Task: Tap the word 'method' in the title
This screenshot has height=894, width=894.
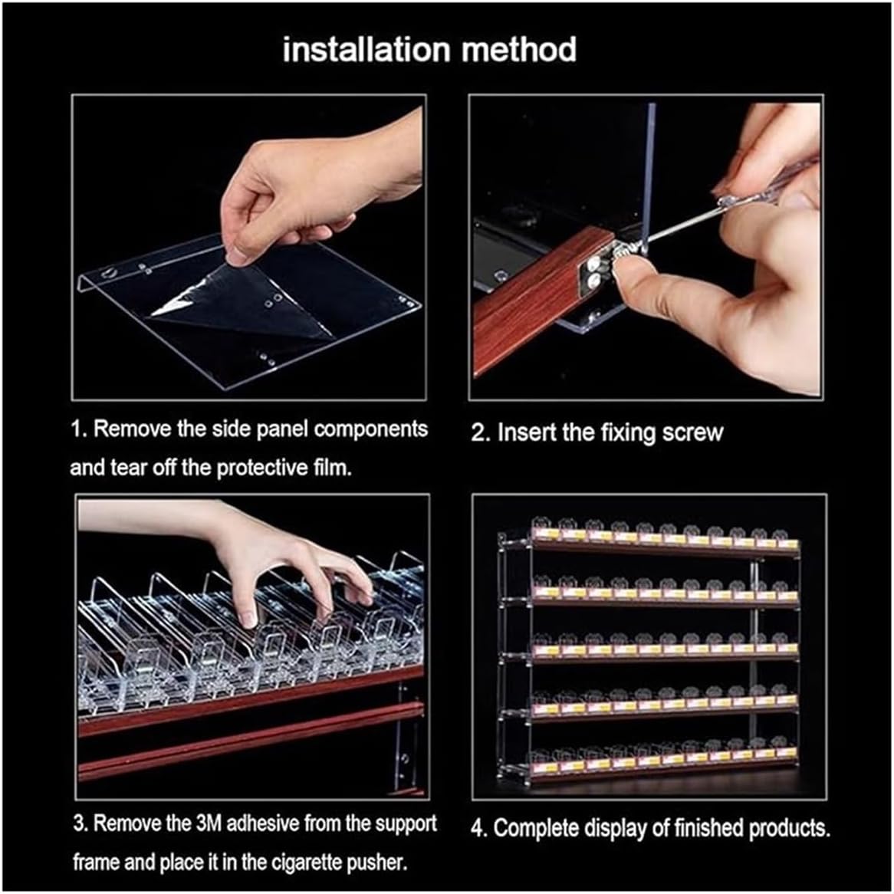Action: pyautogui.click(x=519, y=49)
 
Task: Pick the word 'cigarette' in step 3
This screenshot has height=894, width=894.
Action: pyautogui.click(x=307, y=862)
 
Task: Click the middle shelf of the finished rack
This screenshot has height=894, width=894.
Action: pyautogui.click(x=664, y=655)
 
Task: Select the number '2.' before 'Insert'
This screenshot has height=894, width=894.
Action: pyautogui.click(x=481, y=432)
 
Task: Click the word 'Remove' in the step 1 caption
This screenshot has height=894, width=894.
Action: pyautogui.click(x=133, y=429)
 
